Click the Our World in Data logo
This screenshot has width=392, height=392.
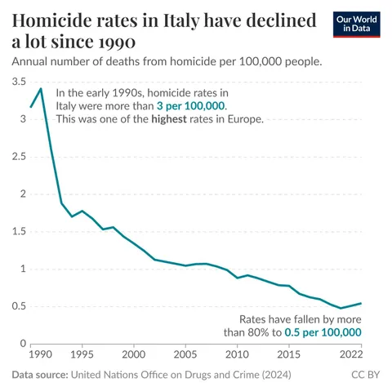click(356, 24)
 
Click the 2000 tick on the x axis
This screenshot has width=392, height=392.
click(134, 355)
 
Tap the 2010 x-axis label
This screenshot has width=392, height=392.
click(237, 355)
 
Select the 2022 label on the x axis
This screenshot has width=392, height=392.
click(350, 355)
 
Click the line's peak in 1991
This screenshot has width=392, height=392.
click(41, 88)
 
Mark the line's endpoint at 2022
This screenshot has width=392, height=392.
click(360, 303)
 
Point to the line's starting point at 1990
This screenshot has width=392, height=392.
click(31, 107)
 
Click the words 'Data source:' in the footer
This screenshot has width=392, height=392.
click(40, 376)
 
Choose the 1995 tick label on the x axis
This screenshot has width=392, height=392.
click(82, 355)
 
